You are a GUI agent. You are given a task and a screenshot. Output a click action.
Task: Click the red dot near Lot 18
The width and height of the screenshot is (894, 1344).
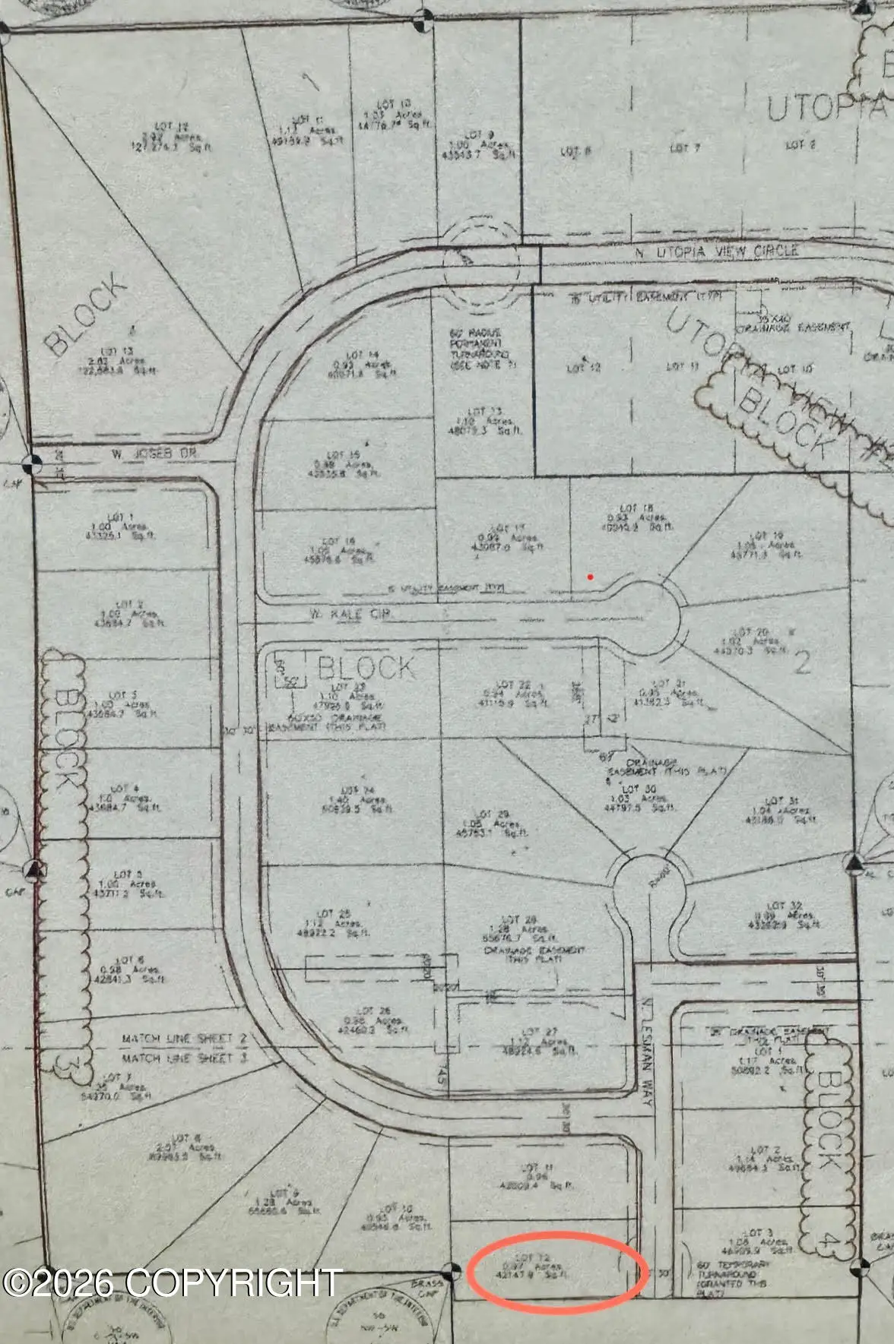click(591, 577)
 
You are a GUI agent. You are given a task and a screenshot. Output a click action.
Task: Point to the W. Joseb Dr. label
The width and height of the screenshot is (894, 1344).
click(141, 454)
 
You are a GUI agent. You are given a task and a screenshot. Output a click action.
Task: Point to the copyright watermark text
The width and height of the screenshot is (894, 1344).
click(172, 1282)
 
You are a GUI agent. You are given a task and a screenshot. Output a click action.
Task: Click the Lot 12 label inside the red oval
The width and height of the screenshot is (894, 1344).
click(531, 1257)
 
